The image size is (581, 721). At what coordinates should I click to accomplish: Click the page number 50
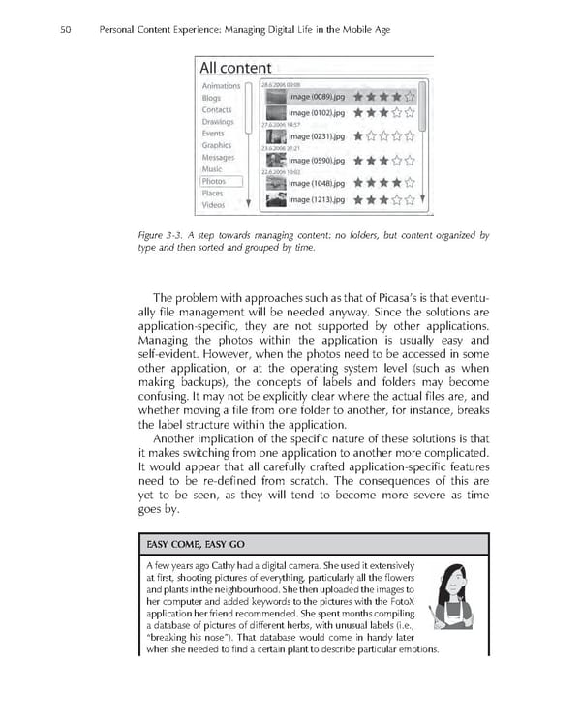click(66, 30)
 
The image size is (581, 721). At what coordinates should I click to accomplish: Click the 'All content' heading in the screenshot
click(235, 68)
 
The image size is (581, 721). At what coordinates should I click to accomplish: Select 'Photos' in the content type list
click(213, 181)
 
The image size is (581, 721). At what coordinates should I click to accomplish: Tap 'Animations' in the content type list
click(221, 86)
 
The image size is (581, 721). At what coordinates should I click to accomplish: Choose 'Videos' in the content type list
click(213, 205)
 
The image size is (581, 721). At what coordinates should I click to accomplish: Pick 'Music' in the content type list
click(212, 169)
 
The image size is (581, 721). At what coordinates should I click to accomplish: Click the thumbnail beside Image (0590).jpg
click(275, 160)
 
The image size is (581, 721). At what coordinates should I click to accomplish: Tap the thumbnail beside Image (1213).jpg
click(275, 200)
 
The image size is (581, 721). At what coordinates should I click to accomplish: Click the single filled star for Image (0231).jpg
click(359, 137)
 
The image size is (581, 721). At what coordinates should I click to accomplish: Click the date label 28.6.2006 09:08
click(281, 85)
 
